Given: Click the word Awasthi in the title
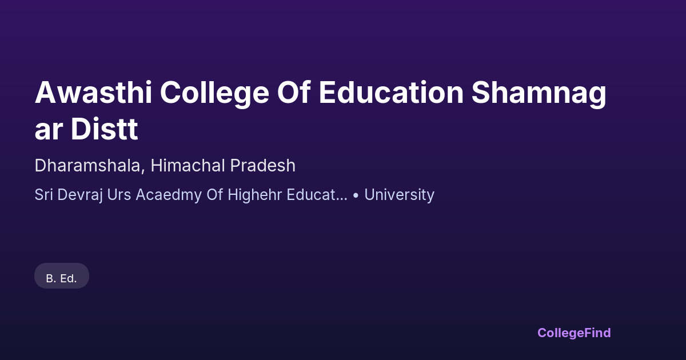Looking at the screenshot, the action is click(93, 93).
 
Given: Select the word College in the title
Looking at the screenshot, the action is click(214, 94).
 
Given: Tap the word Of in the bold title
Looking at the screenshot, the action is click(294, 93).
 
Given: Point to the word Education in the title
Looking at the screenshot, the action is click(391, 93).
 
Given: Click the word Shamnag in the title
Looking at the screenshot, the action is click(539, 94).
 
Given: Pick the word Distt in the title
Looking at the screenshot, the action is click(105, 129).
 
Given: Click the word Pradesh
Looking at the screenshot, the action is click(263, 165).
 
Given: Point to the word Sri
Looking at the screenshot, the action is click(44, 194).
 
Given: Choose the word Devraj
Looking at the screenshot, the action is click(80, 195).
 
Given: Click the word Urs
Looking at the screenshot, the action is click(119, 194).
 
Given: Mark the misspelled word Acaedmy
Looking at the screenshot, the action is click(169, 195).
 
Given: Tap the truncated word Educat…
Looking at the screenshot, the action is click(317, 194).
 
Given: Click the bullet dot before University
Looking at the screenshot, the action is click(356, 195).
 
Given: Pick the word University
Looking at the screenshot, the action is click(400, 195).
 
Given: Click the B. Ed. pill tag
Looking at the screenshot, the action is click(62, 276).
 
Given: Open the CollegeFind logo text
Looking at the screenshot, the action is click(574, 333).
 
